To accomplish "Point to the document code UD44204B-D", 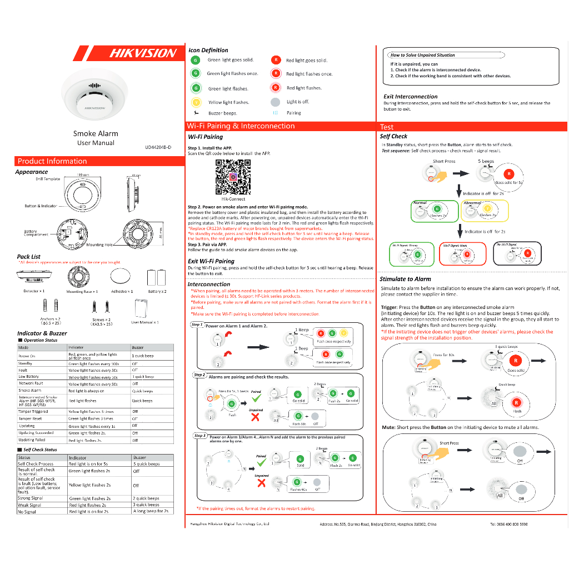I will coord(158,147).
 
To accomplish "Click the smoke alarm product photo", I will coord(95,98).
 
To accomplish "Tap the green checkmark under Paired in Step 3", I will coord(261,463).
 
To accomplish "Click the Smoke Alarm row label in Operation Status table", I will coord(30,391).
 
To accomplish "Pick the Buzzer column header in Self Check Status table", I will coord(140,458).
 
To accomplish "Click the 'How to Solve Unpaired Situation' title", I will coord(423,55).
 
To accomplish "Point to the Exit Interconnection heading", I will coord(411,96).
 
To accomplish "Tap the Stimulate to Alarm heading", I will coord(405,279).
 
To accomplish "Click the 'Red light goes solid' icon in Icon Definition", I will coord(276,60).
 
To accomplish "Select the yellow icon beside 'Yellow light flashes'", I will coord(196,102).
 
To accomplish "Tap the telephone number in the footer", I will coord(508,524).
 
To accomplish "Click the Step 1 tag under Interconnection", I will coord(197,325).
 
